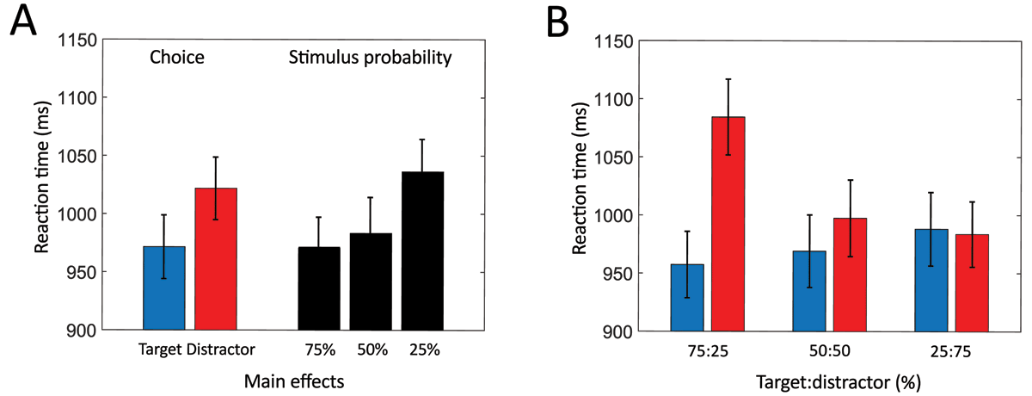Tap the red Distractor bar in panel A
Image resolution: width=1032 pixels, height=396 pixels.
(x=216, y=258)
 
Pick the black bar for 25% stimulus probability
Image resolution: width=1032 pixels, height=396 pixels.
(x=423, y=251)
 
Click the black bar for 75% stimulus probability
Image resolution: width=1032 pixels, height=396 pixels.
(x=319, y=288)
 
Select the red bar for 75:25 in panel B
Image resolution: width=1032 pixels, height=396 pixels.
(x=728, y=224)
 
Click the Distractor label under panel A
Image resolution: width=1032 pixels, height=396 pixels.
(x=225, y=350)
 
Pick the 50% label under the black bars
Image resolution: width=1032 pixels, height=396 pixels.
(x=372, y=350)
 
